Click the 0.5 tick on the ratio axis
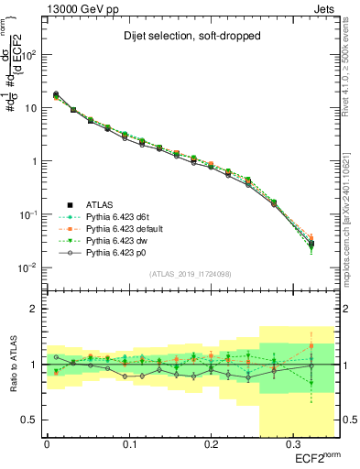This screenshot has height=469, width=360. click(32, 420)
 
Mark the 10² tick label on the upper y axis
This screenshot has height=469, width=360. click(30, 54)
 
